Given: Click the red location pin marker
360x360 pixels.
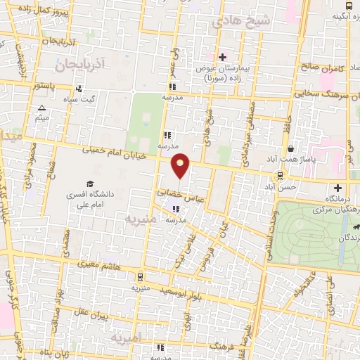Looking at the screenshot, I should point(181,165).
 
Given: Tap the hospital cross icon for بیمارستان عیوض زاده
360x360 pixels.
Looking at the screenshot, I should point(222,57).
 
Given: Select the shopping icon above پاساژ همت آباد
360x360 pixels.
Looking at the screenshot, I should point(291,148).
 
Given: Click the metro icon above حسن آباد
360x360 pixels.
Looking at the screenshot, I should point(281,175).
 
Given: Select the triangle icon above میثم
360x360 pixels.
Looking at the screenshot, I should point(41,108).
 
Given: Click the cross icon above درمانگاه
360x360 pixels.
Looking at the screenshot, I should point(339,188).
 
